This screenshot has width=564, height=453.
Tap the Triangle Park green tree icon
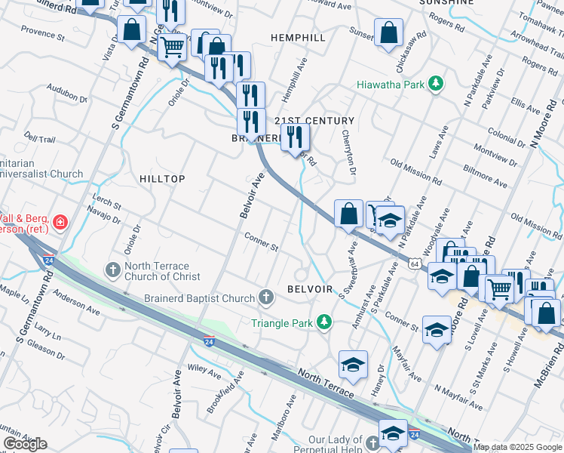pyautogui.click(x=323, y=322)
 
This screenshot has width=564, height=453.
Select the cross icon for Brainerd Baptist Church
pyautogui.click(x=266, y=298)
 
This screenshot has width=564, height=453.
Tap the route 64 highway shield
pyautogui.click(x=415, y=263)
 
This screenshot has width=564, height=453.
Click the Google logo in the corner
pyautogui.click(x=25, y=444)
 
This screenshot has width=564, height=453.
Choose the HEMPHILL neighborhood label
pyautogui.click(x=299, y=37)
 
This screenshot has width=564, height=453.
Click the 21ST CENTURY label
pyautogui.click(x=314, y=121)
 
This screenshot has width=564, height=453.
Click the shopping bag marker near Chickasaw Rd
pyautogui.click(x=389, y=34)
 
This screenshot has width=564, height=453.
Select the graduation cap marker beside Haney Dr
pyautogui.click(x=353, y=365)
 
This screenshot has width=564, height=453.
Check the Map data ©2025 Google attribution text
pyautogui.click(x=518, y=447)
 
